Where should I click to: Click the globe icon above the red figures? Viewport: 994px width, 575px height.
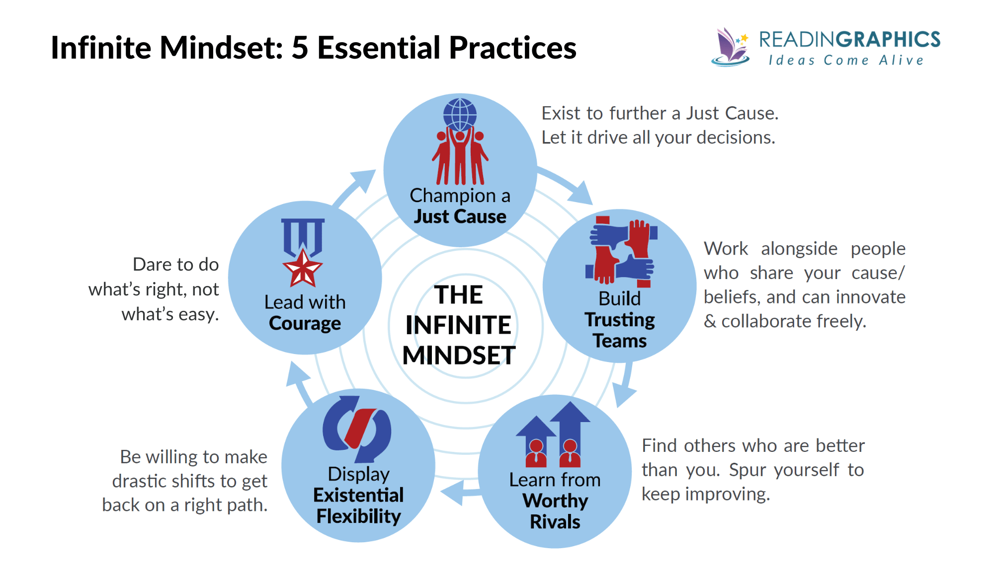click(x=460, y=114)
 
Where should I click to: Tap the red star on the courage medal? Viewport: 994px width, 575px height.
click(x=302, y=269)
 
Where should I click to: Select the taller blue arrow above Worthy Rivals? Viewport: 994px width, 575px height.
click(x=570, y=427)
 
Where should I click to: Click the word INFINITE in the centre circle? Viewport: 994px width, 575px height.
click(x=458, y=325)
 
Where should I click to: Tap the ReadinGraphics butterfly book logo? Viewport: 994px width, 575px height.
click(x=730, y=48)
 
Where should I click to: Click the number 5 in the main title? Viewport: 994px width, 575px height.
click(x=300, y=48)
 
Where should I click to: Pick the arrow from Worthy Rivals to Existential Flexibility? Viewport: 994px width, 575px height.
click(x=460, y=493)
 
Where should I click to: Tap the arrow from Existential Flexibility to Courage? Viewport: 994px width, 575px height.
click(x=300, y=382)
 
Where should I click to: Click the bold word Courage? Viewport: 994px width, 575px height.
click(x=305, y=323)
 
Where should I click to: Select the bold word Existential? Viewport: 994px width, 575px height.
click(x=358, y=495)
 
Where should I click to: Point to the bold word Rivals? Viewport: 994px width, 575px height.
click(x=555, y=522)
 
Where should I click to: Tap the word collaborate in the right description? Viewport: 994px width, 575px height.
click(x=768, y=321)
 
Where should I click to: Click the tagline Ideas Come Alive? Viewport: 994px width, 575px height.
click(x=846, y=61)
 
